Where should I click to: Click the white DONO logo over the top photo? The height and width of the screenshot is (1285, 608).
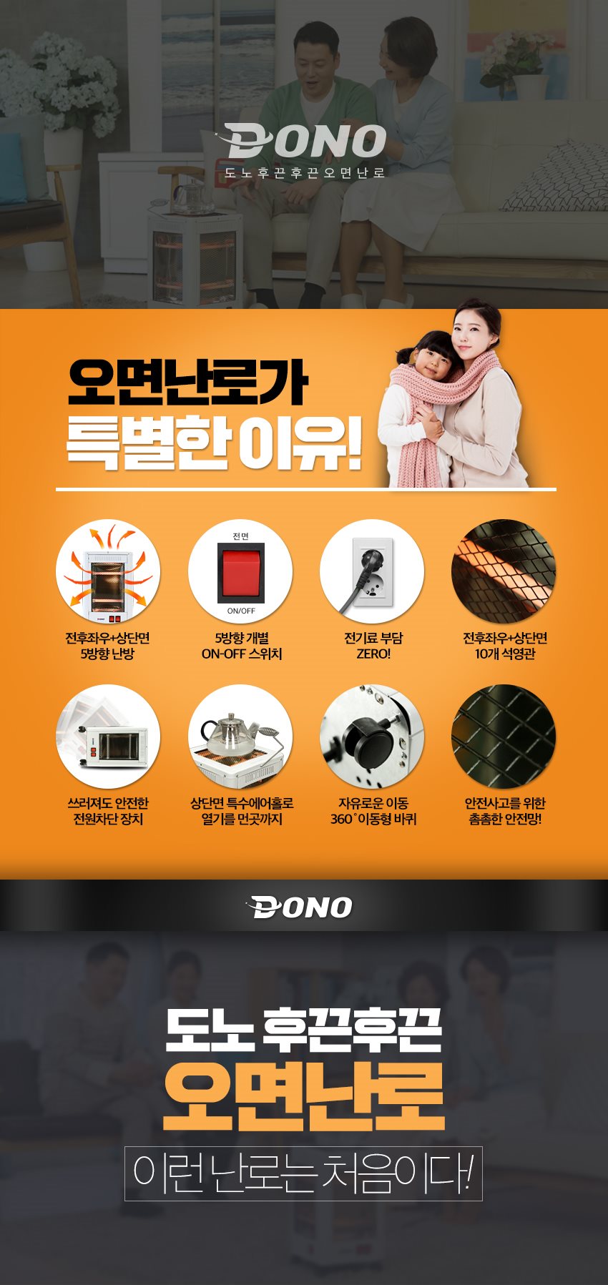303,140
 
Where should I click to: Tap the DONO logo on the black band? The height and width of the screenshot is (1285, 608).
300,907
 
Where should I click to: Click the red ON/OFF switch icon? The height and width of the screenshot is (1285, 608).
240,571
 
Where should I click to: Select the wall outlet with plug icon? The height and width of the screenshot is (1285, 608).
372,571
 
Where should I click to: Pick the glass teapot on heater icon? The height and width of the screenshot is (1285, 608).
240,737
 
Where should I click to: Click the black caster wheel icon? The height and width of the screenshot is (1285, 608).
372,737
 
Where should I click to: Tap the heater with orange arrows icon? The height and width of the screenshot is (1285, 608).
108,571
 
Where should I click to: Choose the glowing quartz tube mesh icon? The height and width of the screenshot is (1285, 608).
504,571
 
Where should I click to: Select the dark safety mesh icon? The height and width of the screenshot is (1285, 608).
504,737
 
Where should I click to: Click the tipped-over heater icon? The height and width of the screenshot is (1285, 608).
108,737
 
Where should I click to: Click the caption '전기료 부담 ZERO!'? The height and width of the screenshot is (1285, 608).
373,646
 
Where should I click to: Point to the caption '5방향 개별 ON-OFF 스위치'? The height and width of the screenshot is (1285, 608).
242,646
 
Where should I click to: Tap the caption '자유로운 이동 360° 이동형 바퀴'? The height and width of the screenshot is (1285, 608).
373,811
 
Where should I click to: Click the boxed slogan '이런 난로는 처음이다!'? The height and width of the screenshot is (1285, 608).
303,1173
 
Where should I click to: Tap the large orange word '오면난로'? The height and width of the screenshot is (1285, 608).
304,1096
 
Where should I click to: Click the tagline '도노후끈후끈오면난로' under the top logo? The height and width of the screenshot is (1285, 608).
305,172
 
